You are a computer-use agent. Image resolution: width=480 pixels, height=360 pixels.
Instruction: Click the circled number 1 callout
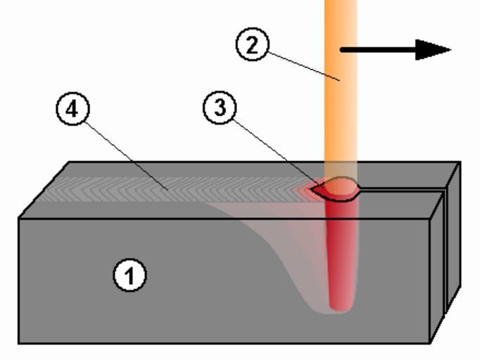click(x=130, y=276)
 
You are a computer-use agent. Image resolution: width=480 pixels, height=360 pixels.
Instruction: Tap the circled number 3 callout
click(x=220, y=109)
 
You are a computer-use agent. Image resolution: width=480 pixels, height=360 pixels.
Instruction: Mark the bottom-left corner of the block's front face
click(x=19, y=342)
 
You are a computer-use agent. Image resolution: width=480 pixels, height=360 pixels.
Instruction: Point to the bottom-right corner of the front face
click(x=431, y=342)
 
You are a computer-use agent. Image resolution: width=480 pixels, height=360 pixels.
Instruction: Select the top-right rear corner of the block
click(x=460, y=162)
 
